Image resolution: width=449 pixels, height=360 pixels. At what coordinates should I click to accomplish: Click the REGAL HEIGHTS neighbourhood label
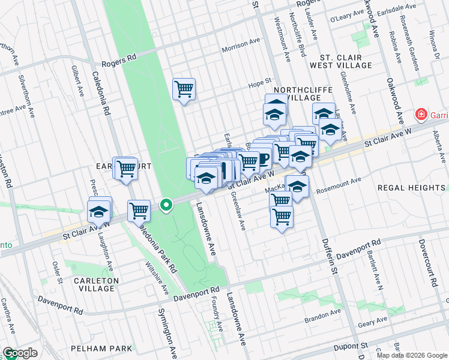(411, 188)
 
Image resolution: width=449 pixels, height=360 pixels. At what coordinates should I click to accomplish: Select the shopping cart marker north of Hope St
(184, 90)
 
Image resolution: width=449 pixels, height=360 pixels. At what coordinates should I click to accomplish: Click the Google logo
(20, 353)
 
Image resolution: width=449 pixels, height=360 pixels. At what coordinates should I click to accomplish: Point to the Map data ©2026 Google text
(412, 355)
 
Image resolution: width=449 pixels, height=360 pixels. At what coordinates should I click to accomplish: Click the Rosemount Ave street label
(339, 180)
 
